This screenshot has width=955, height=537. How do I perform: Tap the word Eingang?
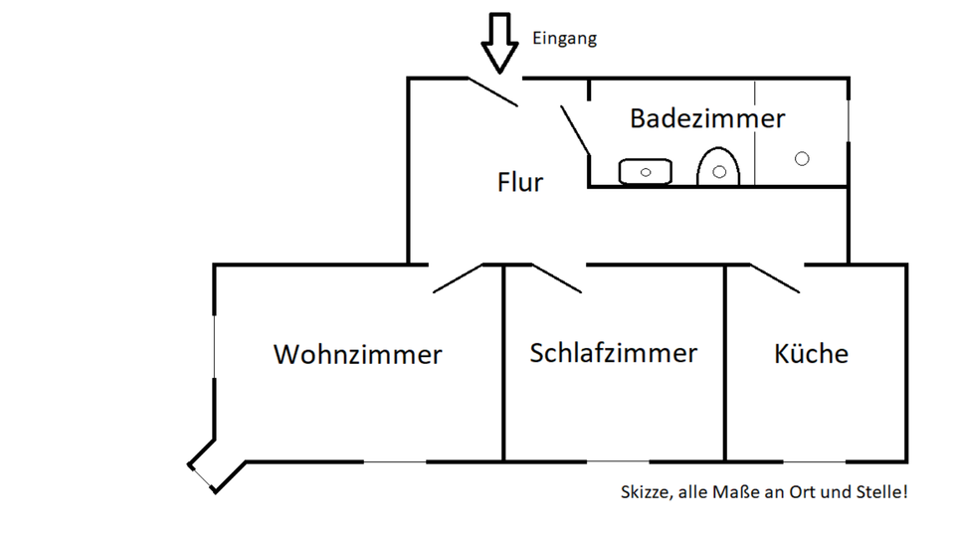pyautogui.click(x=565, y=40)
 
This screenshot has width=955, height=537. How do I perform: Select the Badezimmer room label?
pyautogui.click(x=707, y=118)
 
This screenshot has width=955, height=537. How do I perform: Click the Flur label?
pyautogui.click(x=520, y=182)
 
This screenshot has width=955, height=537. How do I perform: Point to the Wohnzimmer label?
pyautogui.click(x=358, y=354)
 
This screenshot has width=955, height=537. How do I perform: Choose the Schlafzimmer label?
pyautogui.click(x=614, y=353)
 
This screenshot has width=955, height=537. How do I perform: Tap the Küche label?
pyautogui.click(x=811, y=353)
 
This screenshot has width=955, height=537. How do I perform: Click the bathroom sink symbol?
pyautogui.click(x=646, y=172)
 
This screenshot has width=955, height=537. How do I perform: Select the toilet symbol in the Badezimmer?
pyautogui.click(x=718, y=168)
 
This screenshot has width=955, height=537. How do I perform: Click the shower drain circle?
pyautogui.click(x=802, y=158)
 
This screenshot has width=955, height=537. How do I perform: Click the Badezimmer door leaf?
pyautogui.click(x=576, y=129)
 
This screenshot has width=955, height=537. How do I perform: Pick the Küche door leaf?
pyautogui.click(x=775, y=278)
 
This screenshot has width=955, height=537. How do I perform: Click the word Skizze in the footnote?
pyautogui.click(x=642, y=492)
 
